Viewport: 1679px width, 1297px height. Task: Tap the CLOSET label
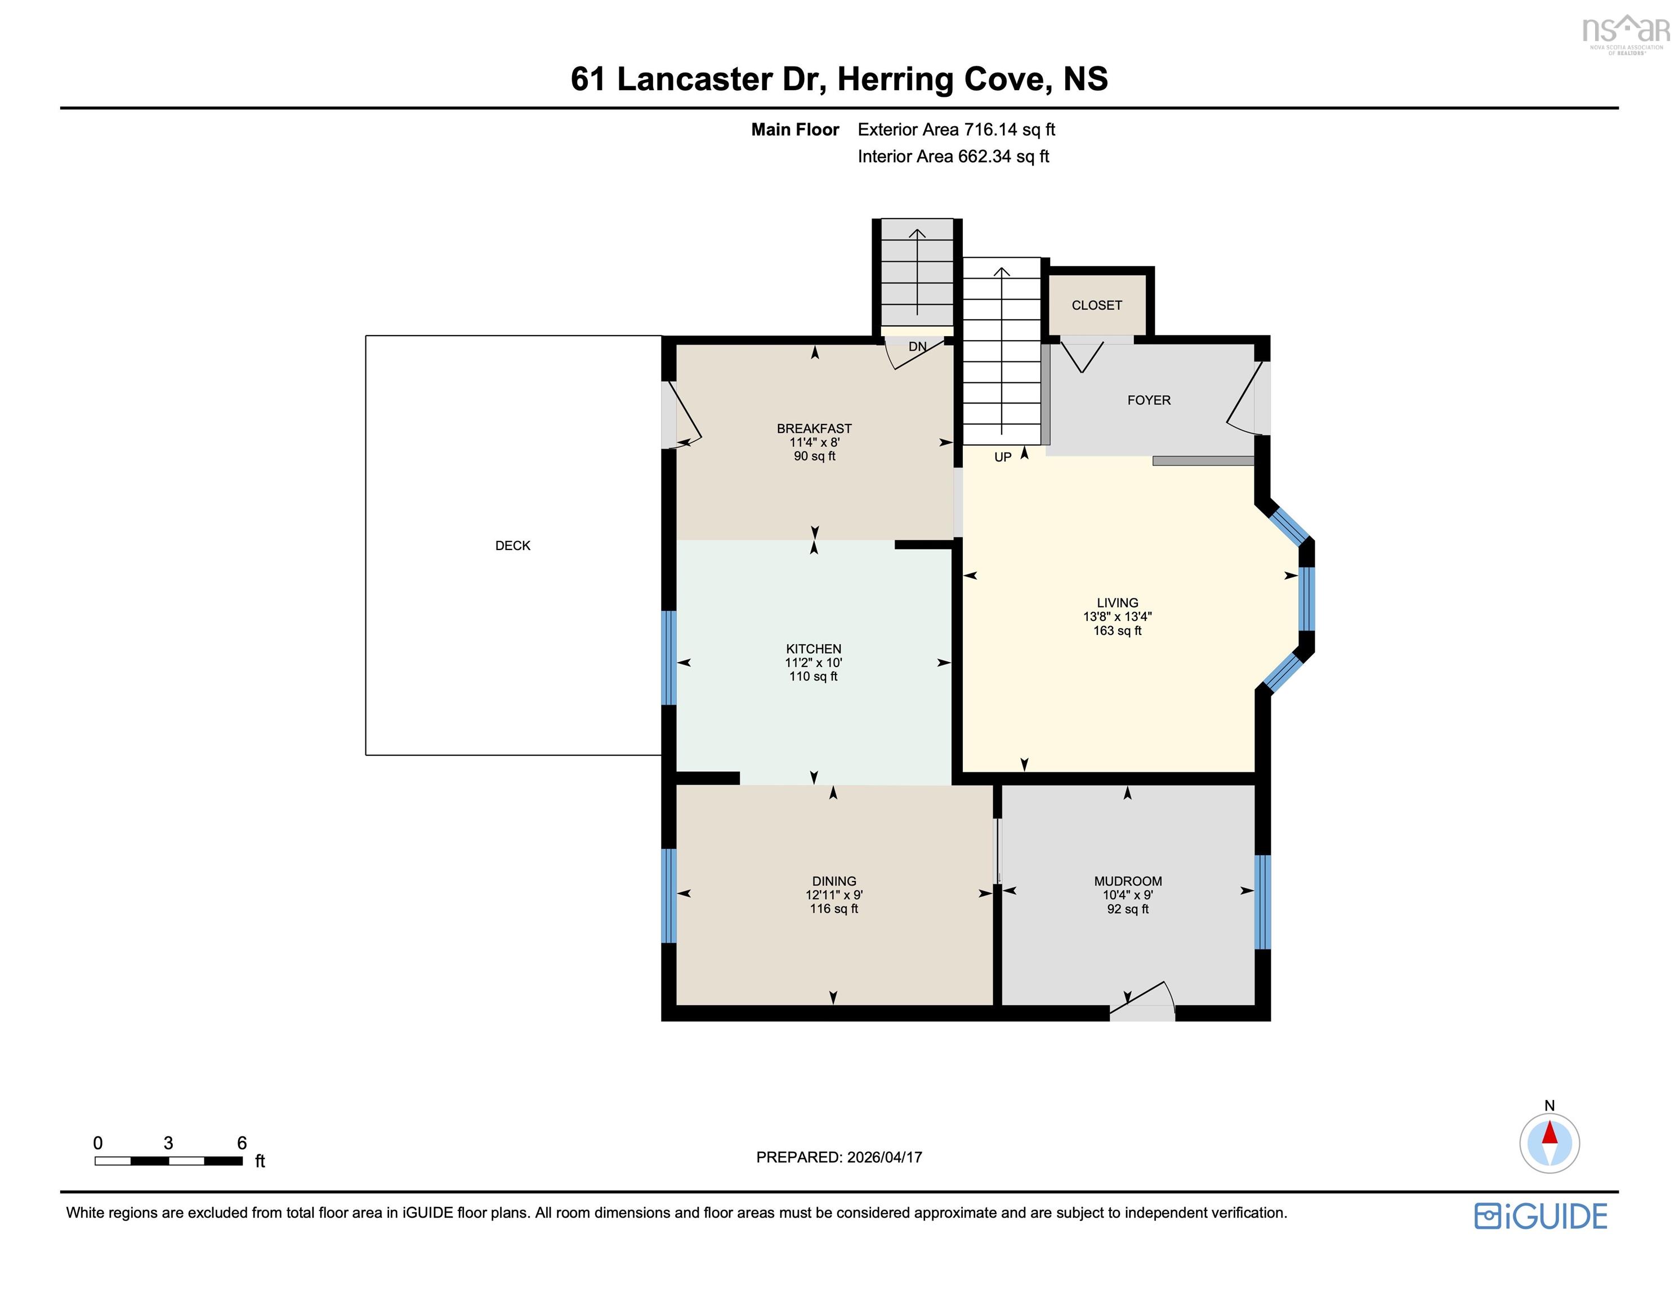point(1096,305)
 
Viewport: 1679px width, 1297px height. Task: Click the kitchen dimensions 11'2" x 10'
point(814,663)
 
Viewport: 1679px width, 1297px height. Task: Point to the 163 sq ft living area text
point(1117,630)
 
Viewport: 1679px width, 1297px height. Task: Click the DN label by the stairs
point(917,347)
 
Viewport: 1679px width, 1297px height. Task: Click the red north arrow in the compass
point(1549,1133)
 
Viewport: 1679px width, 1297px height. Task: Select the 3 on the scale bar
point(168,1143)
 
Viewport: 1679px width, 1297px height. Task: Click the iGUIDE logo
point(1540,1217)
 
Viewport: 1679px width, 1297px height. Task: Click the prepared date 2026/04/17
point(884,1157)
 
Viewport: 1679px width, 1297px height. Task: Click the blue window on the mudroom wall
point(1262,902)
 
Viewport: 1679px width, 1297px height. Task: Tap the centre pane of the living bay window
point(1306,599)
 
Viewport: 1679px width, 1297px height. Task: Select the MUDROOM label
point(1128,881)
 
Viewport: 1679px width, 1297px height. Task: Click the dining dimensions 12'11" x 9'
point(834,895)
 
